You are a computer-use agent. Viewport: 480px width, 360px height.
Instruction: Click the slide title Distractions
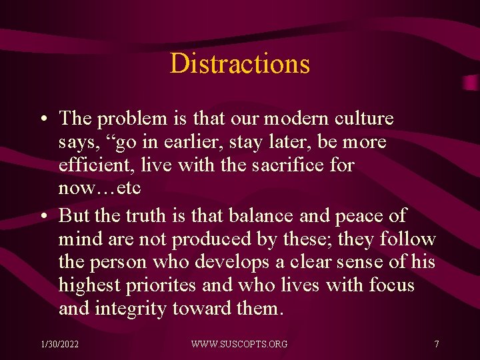pyautogui.click(x=240, y=64)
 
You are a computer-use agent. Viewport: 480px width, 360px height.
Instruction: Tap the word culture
pyautogui.click(x=363, y=119)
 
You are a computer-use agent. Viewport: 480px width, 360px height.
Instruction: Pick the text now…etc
pyautogui.click(x=99, y=189)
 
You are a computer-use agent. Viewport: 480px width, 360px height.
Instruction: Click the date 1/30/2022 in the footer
pyautogui.click(x=59, y=344)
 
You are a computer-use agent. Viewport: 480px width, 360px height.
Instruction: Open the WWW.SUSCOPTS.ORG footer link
pyautogui.click(x=239, y=344)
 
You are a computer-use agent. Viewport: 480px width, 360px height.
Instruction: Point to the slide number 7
pyautogui.click(x=436, y=344)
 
